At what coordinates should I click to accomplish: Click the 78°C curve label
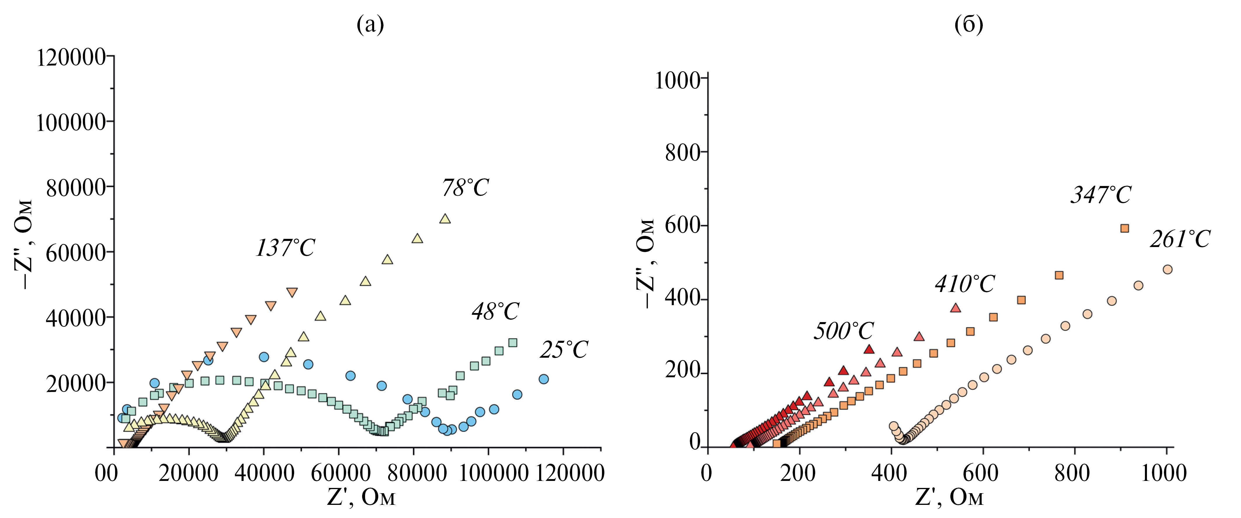[x=465, y=188]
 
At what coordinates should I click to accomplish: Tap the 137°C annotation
[x=285, y=248]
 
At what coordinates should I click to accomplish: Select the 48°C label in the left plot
[x=495, y=312]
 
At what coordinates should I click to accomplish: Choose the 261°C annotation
[x=1180, y=239]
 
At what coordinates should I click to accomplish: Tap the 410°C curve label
[x=964, y=284]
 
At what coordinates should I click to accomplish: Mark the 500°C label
[x=843, y=331]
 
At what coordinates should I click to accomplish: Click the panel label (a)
[x=370, y=24]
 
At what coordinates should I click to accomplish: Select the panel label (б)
[x=968, y=24]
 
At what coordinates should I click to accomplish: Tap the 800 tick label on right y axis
[x=682, y=153]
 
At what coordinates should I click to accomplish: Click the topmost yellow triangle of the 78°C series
[x=445, y=219]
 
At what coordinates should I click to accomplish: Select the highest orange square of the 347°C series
[x=1124, y=228]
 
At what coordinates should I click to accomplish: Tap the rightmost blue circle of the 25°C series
[x=544, y=379]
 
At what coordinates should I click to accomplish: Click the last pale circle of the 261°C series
[x=1167, y=270]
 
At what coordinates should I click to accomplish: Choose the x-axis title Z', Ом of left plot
[x=361, y=497]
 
